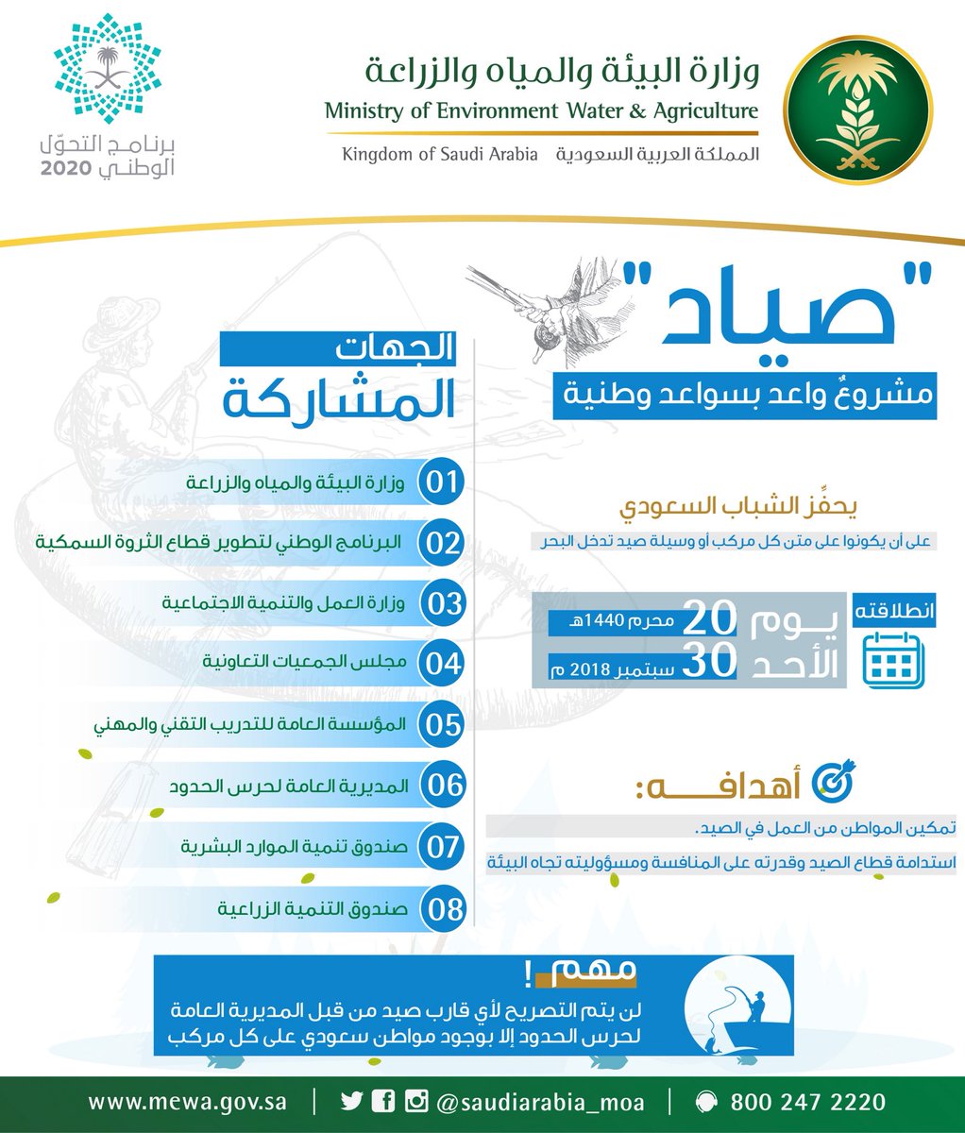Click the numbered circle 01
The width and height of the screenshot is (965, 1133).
(x=441, y=482)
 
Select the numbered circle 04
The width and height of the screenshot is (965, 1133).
(x=441, y=663)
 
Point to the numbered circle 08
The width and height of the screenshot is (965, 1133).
(x=443, y=908)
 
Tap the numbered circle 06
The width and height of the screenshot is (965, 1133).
(x=442, y=786)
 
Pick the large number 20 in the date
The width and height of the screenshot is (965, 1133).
(x=708, y=620)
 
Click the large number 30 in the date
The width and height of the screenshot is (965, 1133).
(x=708, y=662)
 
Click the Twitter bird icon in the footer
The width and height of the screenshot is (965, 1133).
(x=351, y=1101)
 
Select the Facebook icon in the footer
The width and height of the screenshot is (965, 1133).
(x=383, y=1101)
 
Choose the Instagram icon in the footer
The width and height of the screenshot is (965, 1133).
(x=415, y=1101)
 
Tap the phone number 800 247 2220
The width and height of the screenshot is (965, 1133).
(x=807, y=1102)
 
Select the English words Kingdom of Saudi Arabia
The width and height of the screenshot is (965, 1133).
(x=440, y=154)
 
